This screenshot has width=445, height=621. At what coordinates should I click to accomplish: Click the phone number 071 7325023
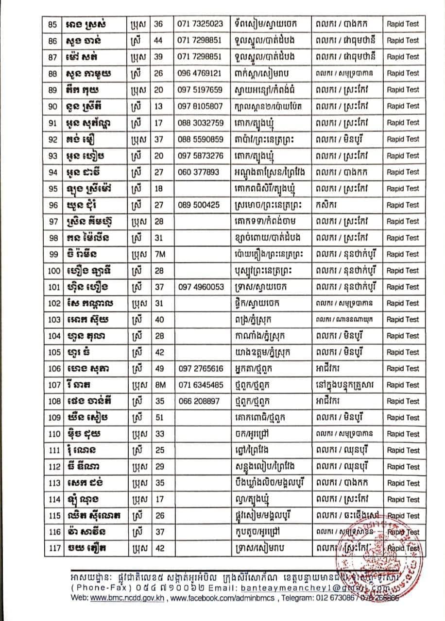tap(201, 24)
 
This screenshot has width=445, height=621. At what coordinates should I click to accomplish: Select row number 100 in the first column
tap(53, 271)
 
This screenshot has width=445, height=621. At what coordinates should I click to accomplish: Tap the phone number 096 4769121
tap(201, 73)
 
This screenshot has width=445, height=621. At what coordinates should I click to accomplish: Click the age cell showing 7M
tap(159, 254)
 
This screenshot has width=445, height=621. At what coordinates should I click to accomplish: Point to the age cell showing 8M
tap(159, 385)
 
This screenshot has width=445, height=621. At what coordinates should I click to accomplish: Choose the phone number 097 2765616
tap(201, 369)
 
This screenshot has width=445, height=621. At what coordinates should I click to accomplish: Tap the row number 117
tap(53, 548)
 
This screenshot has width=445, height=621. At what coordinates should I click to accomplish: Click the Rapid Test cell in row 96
tap(403, 205)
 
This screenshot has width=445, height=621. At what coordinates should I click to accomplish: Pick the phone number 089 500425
tap(199, 205)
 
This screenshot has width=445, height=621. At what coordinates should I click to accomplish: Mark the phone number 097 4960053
tap(201, 287)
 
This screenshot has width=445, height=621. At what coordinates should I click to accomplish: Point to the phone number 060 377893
tap(199, 172)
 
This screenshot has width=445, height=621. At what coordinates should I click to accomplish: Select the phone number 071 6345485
tap(201, 385)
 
